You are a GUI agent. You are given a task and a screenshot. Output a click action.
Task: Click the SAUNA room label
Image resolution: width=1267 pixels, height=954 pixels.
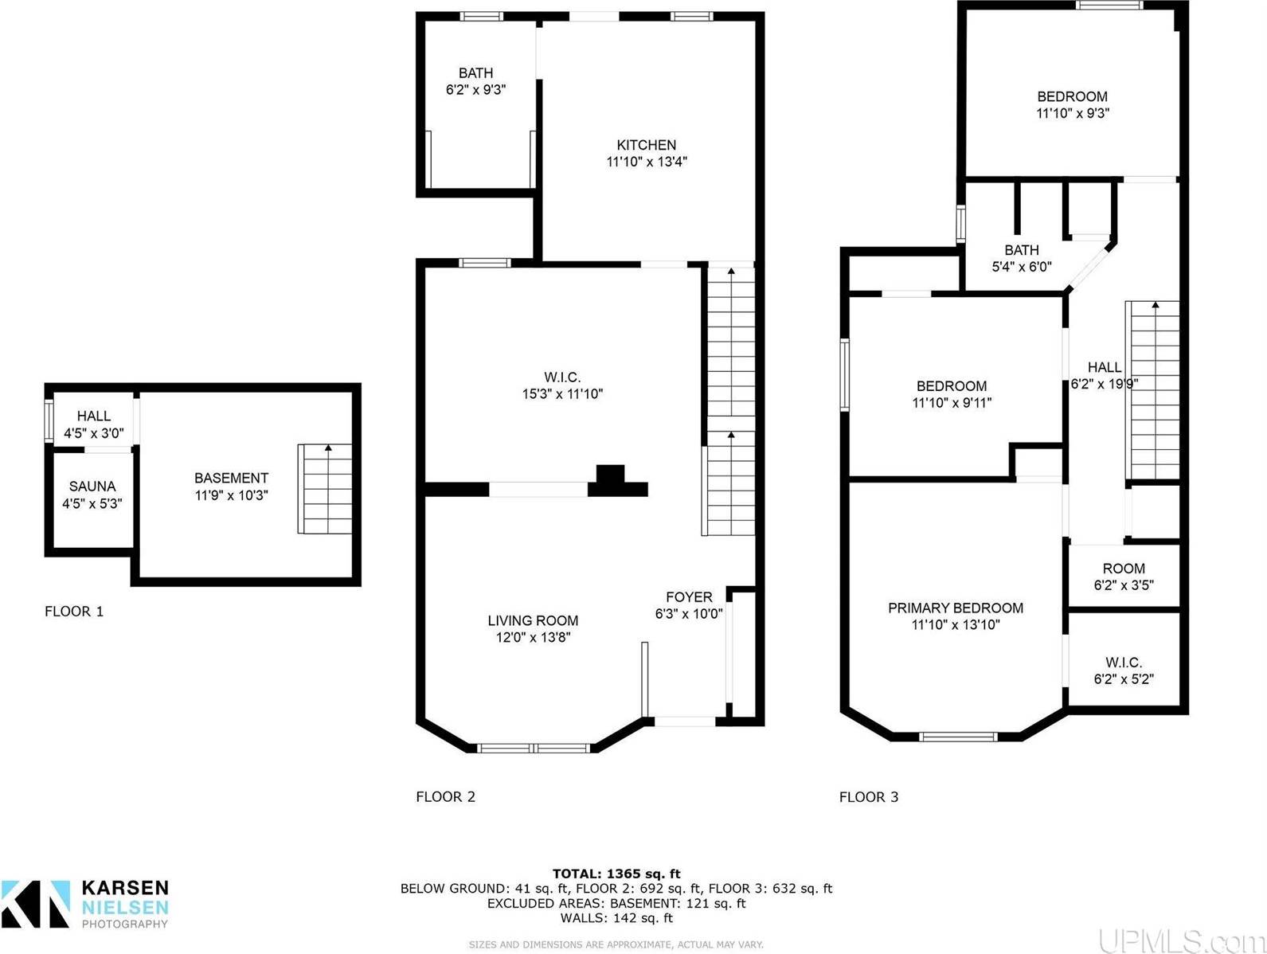pyautogui.click(x=92, y=486)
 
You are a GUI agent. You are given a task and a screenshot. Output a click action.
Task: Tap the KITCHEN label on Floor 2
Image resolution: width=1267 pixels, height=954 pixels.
pyautogui.click(x=646, y=145)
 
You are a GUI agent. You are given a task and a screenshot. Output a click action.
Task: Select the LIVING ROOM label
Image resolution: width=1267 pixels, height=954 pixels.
pyautogui.click(x=533, y=620)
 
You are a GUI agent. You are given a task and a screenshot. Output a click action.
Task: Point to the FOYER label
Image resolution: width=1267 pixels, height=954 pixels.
pyautogui.click(x=689, y=596)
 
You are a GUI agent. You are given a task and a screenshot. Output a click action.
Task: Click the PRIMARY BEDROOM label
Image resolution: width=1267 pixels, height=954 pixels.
pyautogui.click(x=956, y=608)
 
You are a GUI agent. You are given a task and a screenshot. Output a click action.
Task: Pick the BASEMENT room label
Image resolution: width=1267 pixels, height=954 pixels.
pyautogui.click(x=231, y=478)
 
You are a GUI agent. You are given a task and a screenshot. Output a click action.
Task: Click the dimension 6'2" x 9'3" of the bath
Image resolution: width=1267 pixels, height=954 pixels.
pyautogui.click(x=475, y=90)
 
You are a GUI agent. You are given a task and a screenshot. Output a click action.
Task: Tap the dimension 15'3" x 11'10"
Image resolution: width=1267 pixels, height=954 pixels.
pyautogui.click(x=562, y=394)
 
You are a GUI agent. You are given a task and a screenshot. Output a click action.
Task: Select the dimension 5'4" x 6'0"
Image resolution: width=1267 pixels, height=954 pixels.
pyautogui.click(x=1022, y=267)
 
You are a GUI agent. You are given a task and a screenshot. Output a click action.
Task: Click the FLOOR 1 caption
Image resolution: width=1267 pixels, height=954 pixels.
pyautogui.click(x=74, y=612)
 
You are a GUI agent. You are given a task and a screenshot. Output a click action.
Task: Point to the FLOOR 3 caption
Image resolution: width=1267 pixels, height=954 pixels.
pyautogui.click(x=869, y=797)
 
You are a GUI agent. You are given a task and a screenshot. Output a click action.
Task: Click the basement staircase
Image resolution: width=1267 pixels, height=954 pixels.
pyautogui.click(x=324, y=489)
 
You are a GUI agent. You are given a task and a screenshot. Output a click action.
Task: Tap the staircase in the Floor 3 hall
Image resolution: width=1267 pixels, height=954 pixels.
pyautogui.click(x=1152, y=390)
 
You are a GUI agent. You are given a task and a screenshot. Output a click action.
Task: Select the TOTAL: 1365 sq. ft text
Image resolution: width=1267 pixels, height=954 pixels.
pyautogui.click(x=616, y=874)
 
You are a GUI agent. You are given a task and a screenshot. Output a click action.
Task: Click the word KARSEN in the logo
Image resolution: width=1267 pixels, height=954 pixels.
pyautogui.click(x=125, y=888)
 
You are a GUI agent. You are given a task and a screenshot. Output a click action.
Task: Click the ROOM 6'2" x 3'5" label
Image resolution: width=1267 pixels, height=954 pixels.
pyautogui.click(x=1124, y=577)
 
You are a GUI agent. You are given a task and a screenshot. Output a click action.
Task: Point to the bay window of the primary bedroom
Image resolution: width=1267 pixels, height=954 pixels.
pyautogui.click(x=958, y=737)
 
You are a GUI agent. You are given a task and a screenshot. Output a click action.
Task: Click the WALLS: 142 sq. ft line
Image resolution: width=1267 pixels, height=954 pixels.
pyautogui.click(x=616, y=918)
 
